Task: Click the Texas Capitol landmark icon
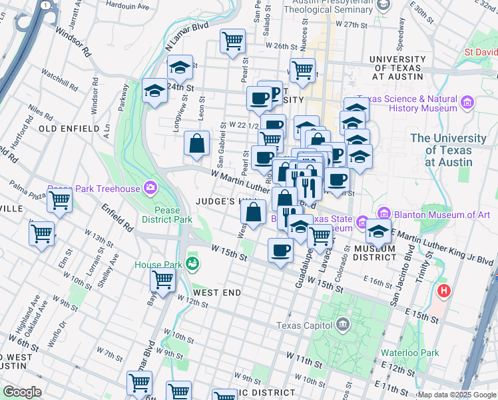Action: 342,325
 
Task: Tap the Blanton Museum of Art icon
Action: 383,214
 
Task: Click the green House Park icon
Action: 192,264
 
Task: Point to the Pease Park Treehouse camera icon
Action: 151,189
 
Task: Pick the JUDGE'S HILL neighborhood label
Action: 221,201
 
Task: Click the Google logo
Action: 21,391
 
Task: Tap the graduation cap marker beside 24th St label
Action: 154,91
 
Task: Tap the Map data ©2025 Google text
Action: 456,395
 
